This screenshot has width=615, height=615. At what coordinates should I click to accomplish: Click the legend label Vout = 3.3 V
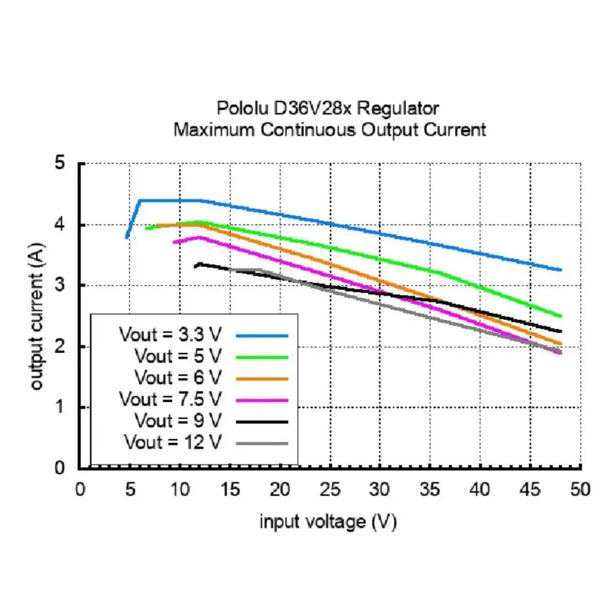click(170, 336)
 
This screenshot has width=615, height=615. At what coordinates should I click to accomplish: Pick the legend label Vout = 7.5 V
click(170, 399)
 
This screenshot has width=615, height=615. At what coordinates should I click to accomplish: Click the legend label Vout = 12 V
click(173, 442)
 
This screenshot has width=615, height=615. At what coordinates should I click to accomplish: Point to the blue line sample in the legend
click(262, 336)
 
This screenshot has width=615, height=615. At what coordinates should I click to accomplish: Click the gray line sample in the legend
click(262, 442)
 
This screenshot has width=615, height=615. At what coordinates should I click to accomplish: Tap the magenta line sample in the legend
click(262, 400)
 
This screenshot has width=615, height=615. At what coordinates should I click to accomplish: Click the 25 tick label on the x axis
click(330, 490)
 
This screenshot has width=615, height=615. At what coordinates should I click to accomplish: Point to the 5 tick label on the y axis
click(60, 164)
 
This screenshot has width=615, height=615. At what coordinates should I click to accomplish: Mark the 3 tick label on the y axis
click(60, 285)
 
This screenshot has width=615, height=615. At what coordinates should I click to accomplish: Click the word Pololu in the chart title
click(239, 108)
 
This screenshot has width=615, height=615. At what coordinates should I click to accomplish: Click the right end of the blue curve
click(560, 269)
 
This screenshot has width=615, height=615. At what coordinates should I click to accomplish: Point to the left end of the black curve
click(196, 266)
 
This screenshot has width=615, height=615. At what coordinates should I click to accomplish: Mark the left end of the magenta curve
click(174, 242)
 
